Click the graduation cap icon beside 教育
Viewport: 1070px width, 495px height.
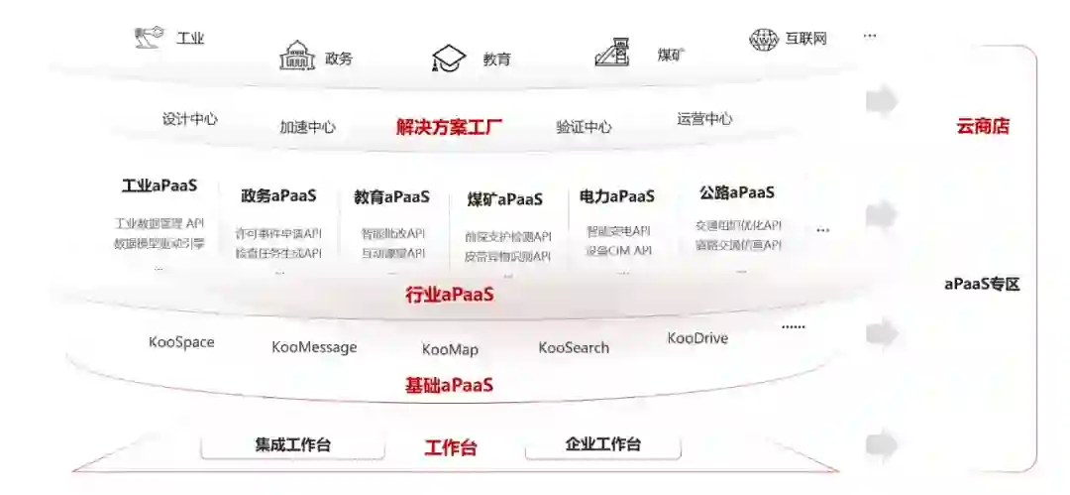(449, 59)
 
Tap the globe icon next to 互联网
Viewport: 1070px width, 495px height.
(763, 40)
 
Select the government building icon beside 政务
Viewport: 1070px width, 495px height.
(296, 56)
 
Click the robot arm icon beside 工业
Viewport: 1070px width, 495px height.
(149, 38)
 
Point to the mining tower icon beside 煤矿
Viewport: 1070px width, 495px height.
(614, 52)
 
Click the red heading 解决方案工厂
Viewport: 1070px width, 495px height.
(449, 127)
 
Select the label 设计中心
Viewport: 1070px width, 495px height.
(190, 119)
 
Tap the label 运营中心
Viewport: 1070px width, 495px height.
(704, 119)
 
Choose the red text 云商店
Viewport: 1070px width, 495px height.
(982, 126)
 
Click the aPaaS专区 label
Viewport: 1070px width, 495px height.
(982, 285)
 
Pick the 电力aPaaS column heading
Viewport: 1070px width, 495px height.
(617, 196)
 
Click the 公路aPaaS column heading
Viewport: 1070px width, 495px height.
(736, 192)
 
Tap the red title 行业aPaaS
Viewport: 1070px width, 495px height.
(449, 295)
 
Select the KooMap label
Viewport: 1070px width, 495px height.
(450, 349)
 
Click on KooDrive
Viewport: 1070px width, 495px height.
(697, 338)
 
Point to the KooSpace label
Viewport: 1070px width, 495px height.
(181, 342)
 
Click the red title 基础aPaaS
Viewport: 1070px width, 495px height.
(449, 385)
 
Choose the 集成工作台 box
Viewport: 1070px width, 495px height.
(292, 445)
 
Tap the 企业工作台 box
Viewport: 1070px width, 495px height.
(602, 444)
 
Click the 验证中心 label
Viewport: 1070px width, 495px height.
(584, 127)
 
